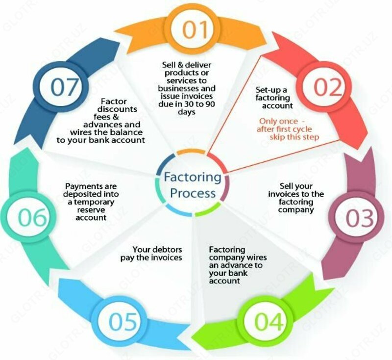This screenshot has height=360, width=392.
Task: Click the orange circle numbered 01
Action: [x=196, y=29]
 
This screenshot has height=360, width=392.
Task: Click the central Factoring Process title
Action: [x=193, y=184]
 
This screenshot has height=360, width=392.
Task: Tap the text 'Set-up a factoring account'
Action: [x=274, y=98]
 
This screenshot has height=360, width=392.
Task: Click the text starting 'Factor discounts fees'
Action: [x=118, y=122]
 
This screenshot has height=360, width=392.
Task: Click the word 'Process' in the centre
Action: [x=193, y=192]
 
